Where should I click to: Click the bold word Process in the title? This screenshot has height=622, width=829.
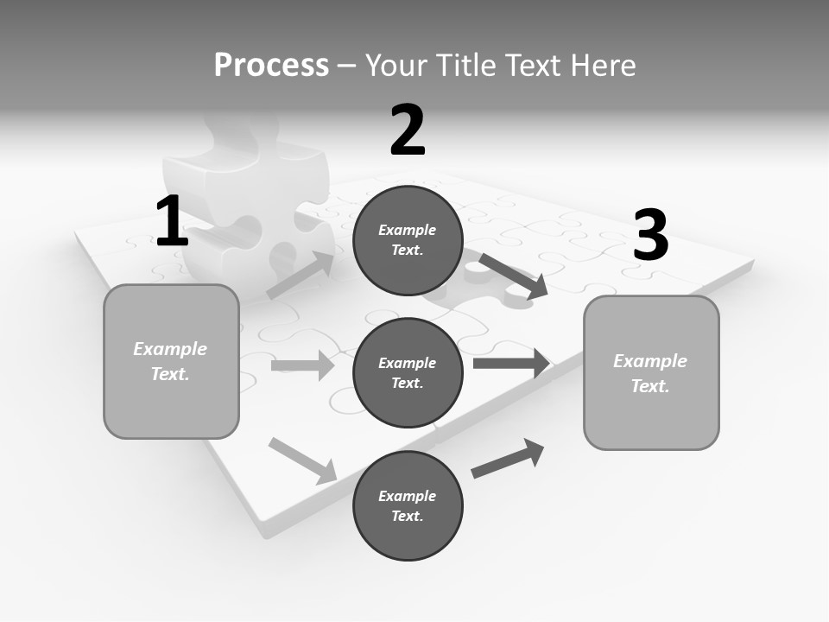[271, 65]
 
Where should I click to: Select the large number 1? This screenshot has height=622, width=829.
[172, 222]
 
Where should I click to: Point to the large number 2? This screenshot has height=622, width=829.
[408, 130]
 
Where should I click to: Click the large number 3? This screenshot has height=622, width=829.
[650, 235]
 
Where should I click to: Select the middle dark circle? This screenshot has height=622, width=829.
[408, 372]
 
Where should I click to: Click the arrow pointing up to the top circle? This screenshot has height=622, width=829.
[301, 276]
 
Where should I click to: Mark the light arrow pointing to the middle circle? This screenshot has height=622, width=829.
[302, 365]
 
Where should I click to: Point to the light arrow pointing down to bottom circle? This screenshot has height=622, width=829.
[302, 460]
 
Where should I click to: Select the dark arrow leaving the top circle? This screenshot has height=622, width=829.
[513, 276]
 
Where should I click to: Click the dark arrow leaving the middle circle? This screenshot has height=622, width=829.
[511, 363]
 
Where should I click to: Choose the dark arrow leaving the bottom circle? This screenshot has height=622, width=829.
[508, 458]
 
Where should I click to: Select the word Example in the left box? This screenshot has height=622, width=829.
[170, 349]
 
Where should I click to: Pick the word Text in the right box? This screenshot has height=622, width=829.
[650, 386]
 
